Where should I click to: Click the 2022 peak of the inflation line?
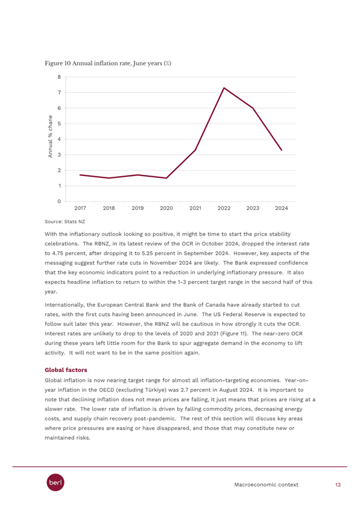click(224, 88)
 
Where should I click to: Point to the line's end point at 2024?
click(282, 150)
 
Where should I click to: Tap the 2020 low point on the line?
click(166, 178)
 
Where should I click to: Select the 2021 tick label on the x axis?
click(195, 208)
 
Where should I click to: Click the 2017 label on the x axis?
click(80, 208)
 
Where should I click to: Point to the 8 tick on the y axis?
click(60, 77)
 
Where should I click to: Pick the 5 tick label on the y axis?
click(60, 124)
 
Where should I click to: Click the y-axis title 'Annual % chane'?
click(50, 136)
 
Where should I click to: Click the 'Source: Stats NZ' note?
click(65, 222)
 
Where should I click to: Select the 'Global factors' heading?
click(66, 370)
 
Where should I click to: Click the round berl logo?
click(55, 482)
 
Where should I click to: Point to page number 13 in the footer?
click(338, 485)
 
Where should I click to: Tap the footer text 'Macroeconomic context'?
click(266, 485)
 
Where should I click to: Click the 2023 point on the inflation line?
click(253, 108)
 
